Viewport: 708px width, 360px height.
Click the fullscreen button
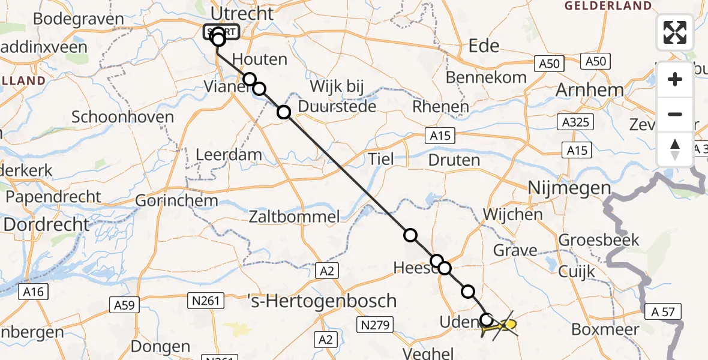675,32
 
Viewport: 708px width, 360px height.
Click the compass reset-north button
675,149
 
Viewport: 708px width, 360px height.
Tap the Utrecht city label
247,14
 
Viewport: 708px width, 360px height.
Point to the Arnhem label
590,90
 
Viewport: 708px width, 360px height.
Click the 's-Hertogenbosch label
323,300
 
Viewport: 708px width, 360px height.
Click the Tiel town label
381,159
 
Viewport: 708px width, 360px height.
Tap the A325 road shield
574,123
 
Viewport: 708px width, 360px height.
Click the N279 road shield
375,326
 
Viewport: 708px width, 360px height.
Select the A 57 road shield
665,312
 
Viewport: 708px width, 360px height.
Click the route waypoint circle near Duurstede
283,112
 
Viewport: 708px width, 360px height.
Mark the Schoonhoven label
122,117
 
